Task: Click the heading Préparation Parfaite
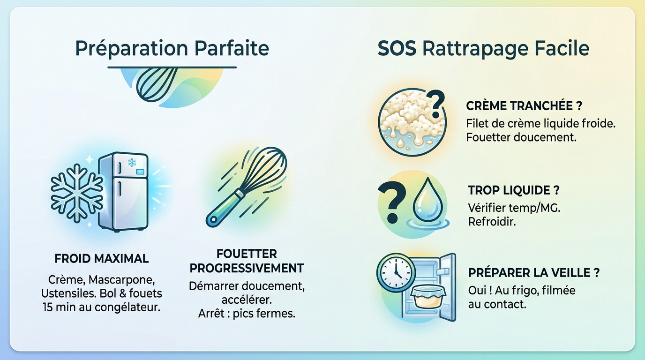coord(172,49)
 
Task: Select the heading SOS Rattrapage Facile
coord(483,49)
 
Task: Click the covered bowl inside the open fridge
coord(428,299)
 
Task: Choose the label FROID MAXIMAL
coord(102,258)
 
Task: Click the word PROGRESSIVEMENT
coord(247,268)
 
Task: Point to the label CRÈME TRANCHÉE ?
coord(524,106)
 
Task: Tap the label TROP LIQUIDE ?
coord(514,190)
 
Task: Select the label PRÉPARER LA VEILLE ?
coord(534,272)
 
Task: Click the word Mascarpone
coord(122,280)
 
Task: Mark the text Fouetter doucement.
coord(521,138)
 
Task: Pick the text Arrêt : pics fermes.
coord(247,313)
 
